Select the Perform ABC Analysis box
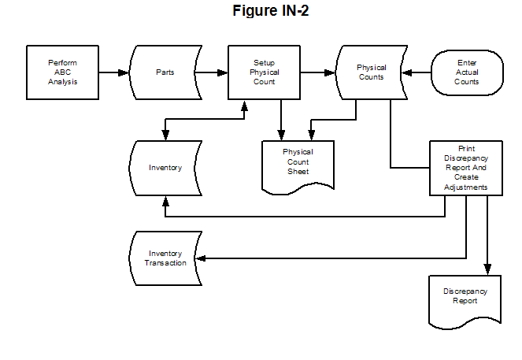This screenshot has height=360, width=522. tap(62, 72)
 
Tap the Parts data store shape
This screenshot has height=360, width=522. tap(165, 72)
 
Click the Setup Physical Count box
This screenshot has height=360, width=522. tap(264, 72)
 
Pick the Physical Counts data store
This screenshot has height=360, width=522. tap(371, 72)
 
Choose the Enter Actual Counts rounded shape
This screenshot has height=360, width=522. tap(466, 72)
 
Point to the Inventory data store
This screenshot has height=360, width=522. tap(165, 168)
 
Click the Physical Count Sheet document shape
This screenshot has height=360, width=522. tap(298, 162)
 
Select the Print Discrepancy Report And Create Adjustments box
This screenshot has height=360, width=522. tap(465, 168)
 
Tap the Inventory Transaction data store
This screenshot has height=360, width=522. tap(165, 258)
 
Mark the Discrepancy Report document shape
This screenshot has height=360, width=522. tap(465, 296)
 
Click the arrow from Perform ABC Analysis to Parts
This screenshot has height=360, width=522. tap(113, 72)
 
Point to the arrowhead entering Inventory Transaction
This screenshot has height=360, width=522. tap(201, 258)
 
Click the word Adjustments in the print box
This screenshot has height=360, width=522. tap(465, 188)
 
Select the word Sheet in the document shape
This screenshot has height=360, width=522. tap(298, 172)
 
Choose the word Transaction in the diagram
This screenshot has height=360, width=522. tap(165, 263)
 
